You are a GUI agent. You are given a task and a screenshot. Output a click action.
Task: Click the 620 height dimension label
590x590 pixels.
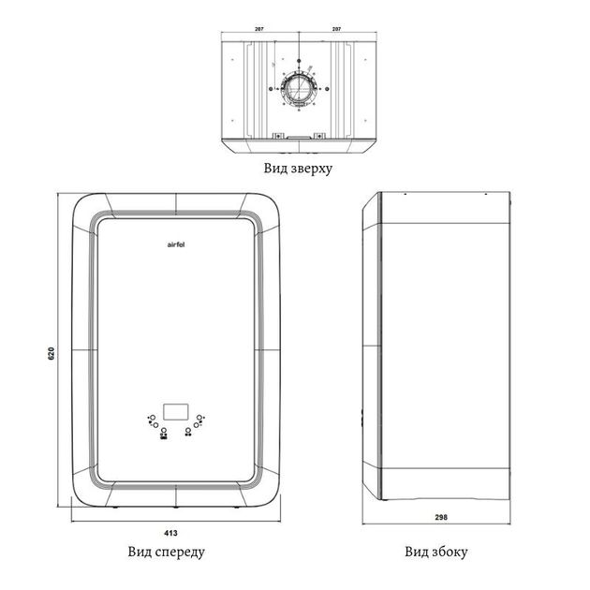(52, 353)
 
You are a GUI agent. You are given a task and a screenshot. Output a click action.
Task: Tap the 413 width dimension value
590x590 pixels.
(170, 533)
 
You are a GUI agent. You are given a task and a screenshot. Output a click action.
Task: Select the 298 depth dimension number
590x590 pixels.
(441, 517)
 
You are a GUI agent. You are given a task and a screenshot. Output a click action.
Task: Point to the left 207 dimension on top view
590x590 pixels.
(259, 29)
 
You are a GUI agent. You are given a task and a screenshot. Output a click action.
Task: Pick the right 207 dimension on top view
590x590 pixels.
(337, 29)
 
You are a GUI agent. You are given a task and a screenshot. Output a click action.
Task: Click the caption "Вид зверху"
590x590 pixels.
(298, 169)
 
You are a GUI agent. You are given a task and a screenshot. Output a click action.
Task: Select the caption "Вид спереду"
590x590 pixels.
(167, 552)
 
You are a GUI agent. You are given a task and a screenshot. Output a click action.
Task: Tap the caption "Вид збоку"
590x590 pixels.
(436, 552)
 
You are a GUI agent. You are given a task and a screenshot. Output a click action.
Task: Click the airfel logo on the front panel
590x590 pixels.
(176, 244)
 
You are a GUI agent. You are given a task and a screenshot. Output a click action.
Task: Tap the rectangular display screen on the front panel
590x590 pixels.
(176, 412)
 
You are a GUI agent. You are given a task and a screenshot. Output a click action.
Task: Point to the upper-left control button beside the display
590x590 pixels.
(153, 418)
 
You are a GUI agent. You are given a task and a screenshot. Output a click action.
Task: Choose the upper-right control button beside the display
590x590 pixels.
(199, 418)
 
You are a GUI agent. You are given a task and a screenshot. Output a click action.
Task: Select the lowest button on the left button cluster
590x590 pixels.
(164, 430)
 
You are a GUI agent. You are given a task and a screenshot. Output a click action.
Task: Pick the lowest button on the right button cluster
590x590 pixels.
(188, 430)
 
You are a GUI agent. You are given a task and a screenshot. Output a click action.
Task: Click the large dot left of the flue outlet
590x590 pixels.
(271, 89)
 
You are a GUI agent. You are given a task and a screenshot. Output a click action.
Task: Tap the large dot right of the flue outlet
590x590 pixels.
(327, 89)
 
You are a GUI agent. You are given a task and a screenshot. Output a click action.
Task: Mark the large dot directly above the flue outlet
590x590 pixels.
(299, 61)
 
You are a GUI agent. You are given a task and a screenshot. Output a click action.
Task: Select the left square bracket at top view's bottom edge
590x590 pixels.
(278, 136)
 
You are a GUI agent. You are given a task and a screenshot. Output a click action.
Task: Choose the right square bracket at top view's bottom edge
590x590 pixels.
(319, 136)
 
